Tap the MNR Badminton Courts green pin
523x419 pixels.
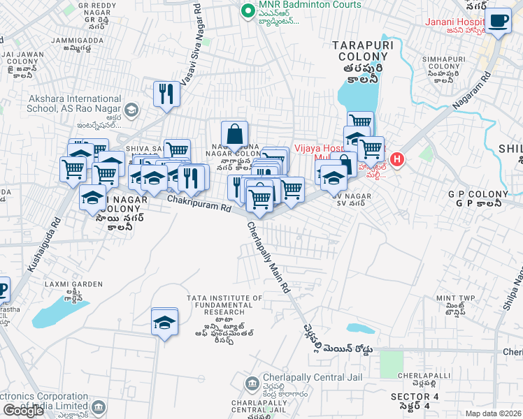pyautogui.click(x=246, y=10)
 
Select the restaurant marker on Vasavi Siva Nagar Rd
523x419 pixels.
pyautogui.click(x=166, y=94)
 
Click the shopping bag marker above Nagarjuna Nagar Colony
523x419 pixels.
pyautogui.click(x=234, y=133)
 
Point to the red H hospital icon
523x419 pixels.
pyautogui.click(x=397, y=160)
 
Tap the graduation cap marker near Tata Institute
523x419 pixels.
pyautogui.click(x=164, y=322)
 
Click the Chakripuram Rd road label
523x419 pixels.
pyautogui.click(x=199, y=204)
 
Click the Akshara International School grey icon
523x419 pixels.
pyautogui.click(x=131, y=110)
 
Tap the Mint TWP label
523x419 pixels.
pyautogui.click(x=455, y=298)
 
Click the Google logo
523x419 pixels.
pyautogui.click(x=23, y=411)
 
